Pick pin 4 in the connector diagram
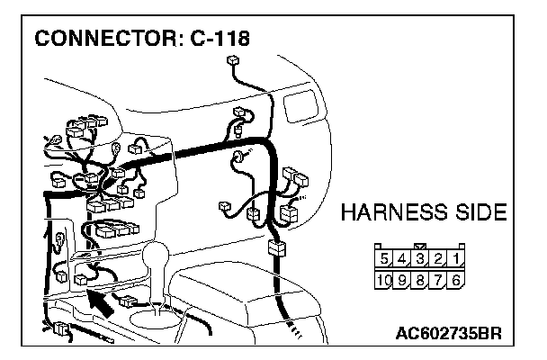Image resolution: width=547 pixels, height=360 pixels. [402, 259]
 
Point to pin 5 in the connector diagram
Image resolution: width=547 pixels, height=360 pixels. [384, 259]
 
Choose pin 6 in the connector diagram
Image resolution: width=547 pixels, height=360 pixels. [456, 280]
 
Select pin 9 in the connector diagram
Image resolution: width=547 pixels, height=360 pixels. [402, 280]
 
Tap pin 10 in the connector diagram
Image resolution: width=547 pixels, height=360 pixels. [384, 280]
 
